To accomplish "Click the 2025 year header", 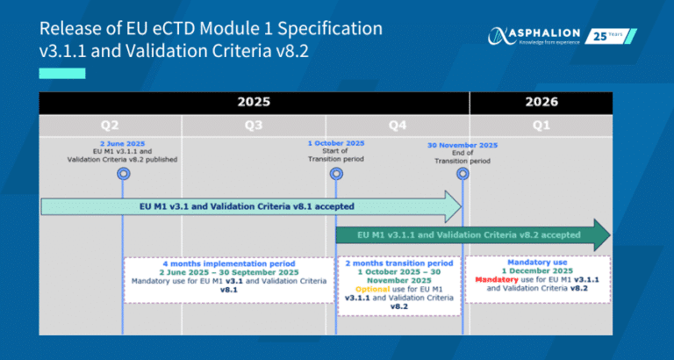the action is pyautogui.click(x=254, y=103).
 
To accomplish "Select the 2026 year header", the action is pyautogui.click(x=541, y=102).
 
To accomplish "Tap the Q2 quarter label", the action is pyautogui.click(x=110, y=126).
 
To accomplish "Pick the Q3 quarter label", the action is pyautogui.click(x=254, y=126).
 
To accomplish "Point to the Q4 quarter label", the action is pyautogui.click(x=398, y=126).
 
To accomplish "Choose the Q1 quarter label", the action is pyautogui.click(x=541, y=126).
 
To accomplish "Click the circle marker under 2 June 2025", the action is pyautogui.click(x=123, y=174).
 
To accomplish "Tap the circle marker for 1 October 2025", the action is pyautogui.click(x=336, y=174).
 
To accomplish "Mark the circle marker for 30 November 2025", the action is pyautogui.click(x=462, y=174).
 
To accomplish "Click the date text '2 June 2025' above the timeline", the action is pyautogui.click(x=123, y=144).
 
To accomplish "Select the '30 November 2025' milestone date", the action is pyautogui.click(x=462, y=146).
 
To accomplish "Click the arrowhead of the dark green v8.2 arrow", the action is pyautogui.click(x=602, y=234).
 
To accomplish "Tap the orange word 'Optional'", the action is pyautogui.click(x=373, y=289).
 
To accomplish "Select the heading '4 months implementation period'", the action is pyautogui.click(x=229, y=263).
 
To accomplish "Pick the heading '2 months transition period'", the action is pyautogui.click(x=399, y=263).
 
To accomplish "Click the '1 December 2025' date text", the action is pyautogui.click(x=537, y=271).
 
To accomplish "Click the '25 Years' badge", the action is pyautogui.click(x=611, y=36).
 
